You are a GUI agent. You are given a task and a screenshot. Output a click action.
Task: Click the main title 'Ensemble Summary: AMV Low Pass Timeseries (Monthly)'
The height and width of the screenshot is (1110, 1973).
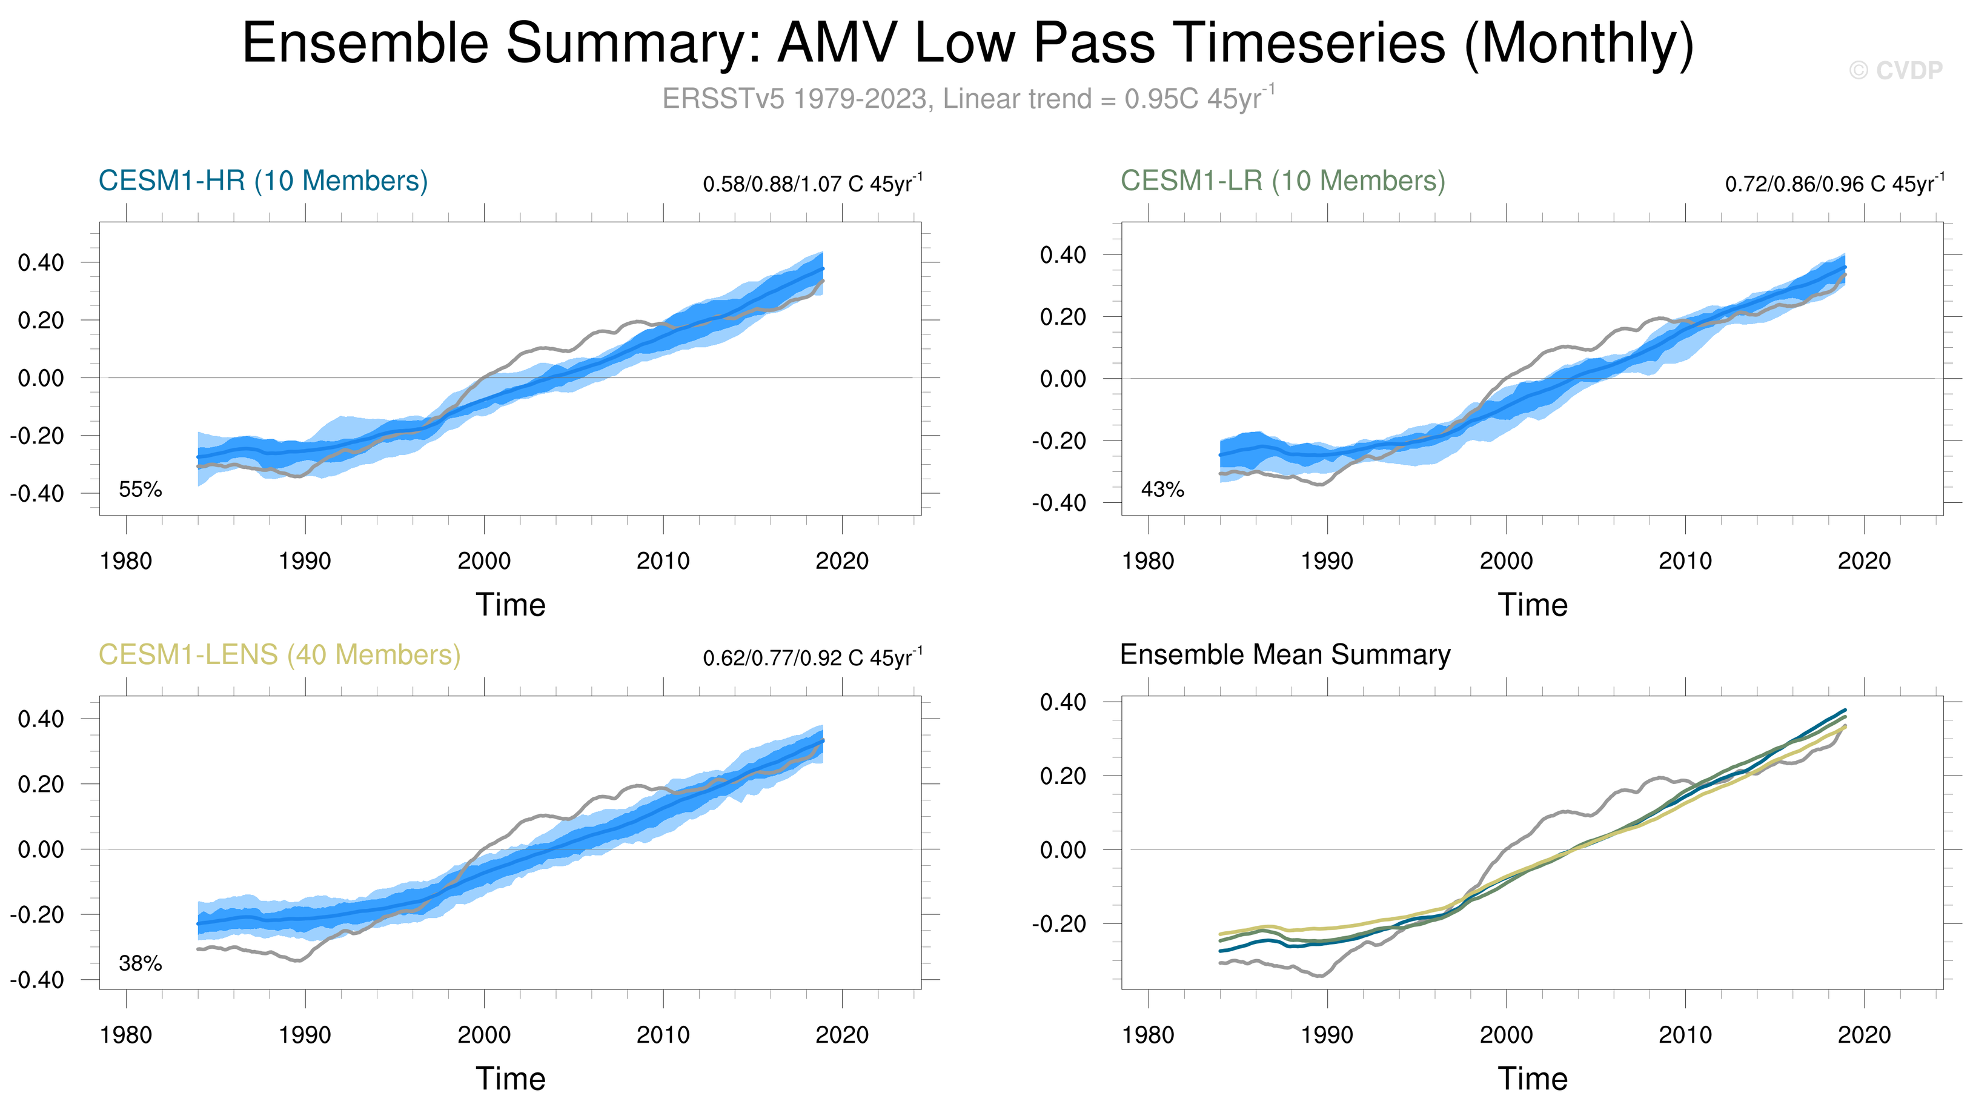click(968, 44)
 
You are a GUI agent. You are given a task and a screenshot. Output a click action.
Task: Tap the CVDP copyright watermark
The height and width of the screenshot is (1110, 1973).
click(1895, 70)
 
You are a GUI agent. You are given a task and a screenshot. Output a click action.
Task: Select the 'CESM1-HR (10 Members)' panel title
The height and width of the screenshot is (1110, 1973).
click(264, 181)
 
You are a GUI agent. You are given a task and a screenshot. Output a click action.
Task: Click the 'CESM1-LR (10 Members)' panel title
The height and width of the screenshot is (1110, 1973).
click(1283, 181)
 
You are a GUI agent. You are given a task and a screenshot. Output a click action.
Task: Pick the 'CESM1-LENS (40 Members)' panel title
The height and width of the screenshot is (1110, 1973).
click(279, 655)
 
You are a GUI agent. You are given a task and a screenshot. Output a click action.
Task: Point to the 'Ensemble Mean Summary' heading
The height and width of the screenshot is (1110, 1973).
click(1285, 655)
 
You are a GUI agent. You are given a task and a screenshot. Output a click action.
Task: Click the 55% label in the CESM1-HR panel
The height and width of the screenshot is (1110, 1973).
click(140, 490)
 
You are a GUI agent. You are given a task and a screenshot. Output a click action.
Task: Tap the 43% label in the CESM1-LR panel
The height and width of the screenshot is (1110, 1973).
click(1162, 490)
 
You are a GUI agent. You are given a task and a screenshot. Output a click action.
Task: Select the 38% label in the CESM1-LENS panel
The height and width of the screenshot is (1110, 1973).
click(140, 964)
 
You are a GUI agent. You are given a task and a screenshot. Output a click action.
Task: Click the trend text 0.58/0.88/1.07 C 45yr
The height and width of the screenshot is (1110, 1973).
click(812, 183)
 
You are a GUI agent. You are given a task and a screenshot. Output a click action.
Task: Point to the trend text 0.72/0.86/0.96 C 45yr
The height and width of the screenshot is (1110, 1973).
click(1834, 183)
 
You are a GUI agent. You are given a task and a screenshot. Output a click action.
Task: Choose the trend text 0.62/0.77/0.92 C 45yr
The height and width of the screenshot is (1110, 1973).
click(812, 657)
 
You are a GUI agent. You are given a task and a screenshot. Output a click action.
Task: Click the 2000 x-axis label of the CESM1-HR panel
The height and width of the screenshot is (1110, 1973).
click(484, 560)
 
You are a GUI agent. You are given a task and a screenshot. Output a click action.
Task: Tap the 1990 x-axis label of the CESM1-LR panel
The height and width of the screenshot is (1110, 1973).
click(1327, 560)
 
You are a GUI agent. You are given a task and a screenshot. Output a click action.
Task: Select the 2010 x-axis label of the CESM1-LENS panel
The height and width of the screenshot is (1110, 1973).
click(663, 1035)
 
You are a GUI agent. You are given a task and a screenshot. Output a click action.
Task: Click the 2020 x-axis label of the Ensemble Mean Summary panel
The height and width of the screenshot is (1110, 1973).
click(1864, 1035)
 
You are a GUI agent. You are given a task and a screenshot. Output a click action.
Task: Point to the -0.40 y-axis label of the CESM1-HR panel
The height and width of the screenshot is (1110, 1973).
click(37, 493)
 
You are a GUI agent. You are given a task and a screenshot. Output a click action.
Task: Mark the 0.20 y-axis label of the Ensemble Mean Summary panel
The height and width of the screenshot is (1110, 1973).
click(1063, 776)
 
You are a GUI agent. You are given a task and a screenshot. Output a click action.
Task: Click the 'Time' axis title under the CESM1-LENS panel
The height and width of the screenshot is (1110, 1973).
click(511, 1078)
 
